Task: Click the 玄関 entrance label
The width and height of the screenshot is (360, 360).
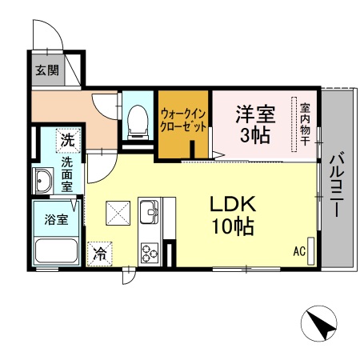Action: click(46, 70)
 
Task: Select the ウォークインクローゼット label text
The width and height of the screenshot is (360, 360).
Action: click(184, 120)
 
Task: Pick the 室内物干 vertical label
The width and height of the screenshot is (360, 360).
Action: click(305, 124)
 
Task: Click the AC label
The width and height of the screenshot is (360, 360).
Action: click(298, 251)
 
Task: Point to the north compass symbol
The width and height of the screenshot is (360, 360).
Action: click(318, 324)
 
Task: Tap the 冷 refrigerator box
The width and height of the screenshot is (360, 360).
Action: click(101, 254)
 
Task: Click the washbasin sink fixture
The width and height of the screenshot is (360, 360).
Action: click(43, 181)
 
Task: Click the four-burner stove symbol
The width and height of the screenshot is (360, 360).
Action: click(150, 252)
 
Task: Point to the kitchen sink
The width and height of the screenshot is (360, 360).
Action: click(149, 214)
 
